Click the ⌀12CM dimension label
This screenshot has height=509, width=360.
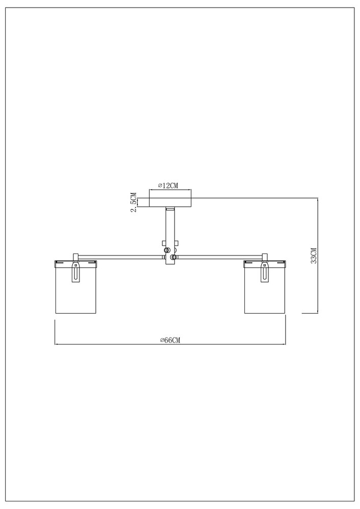(169, 186)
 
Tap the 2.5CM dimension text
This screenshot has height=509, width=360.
(133, 202)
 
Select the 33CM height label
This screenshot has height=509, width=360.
(313, 256)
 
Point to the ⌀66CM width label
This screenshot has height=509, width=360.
(170, 340)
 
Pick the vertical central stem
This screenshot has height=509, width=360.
(170, 237)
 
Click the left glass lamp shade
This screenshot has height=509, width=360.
(76, 287)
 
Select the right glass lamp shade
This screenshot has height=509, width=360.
(265, 287)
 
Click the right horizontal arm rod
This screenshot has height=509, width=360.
(219, 257)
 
